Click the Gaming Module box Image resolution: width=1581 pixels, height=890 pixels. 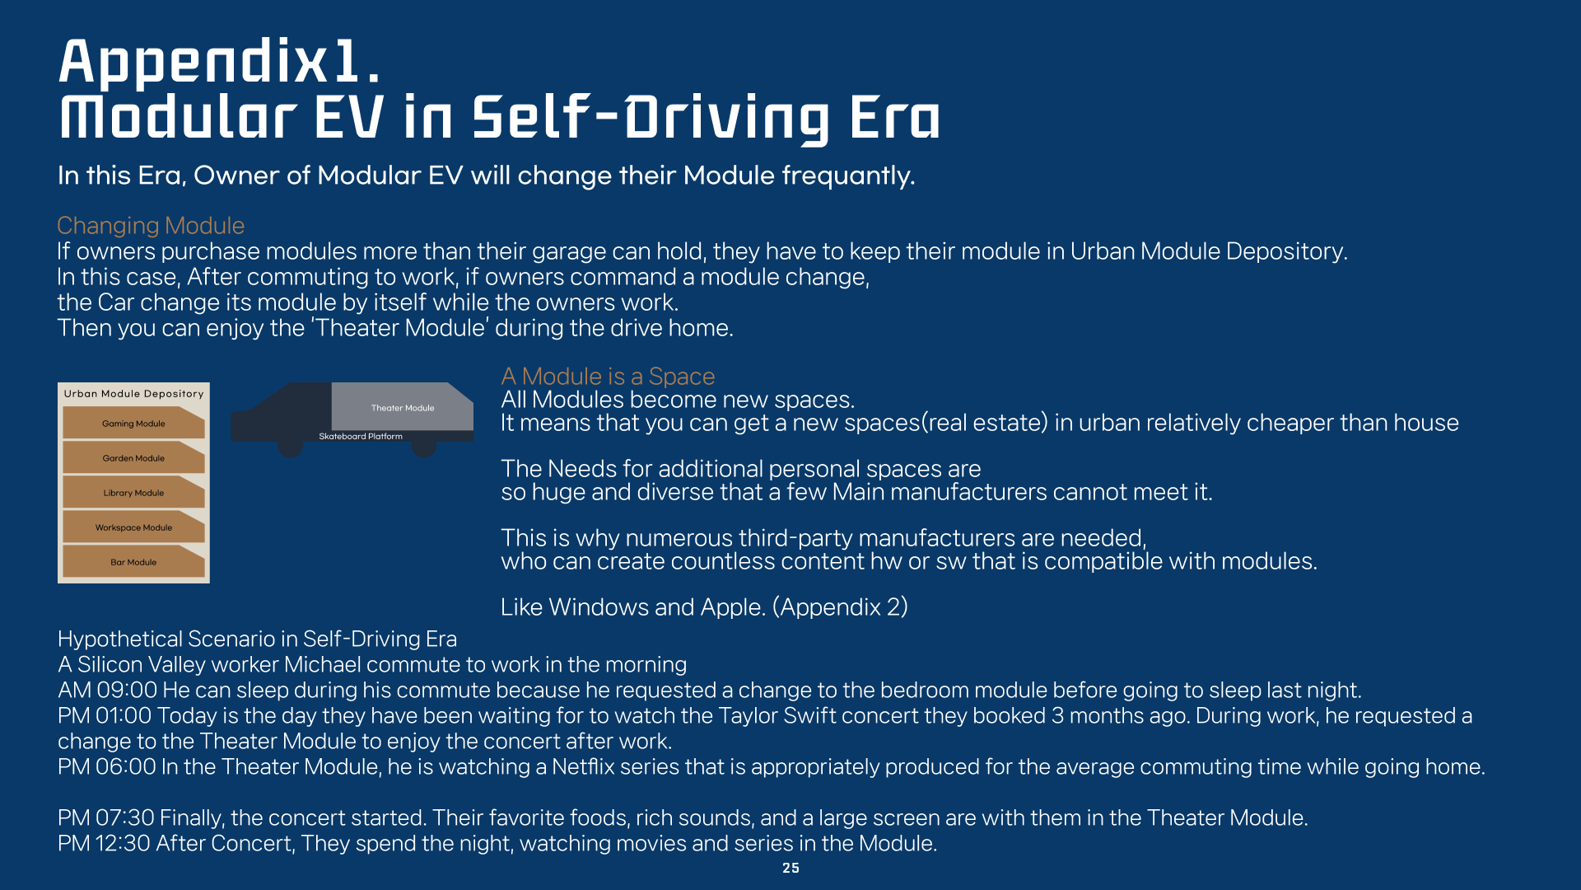133,423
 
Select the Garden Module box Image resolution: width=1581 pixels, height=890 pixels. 133,457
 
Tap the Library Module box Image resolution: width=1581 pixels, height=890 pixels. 133,492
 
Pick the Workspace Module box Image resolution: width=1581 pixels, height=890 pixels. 133,527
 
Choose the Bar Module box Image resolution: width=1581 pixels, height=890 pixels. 133,561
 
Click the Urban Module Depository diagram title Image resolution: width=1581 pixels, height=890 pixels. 133,394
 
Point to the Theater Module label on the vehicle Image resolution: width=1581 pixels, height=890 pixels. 403,408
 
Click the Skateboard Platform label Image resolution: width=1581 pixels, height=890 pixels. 361,436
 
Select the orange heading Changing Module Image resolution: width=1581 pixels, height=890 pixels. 151,225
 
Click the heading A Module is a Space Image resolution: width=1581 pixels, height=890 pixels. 608,376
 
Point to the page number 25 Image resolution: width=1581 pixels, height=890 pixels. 790,868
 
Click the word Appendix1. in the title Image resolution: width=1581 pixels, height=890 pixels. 220,63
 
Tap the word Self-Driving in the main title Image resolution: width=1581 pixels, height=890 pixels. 651,117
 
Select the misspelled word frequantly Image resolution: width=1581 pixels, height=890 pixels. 848,176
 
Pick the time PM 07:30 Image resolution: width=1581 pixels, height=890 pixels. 106,817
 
